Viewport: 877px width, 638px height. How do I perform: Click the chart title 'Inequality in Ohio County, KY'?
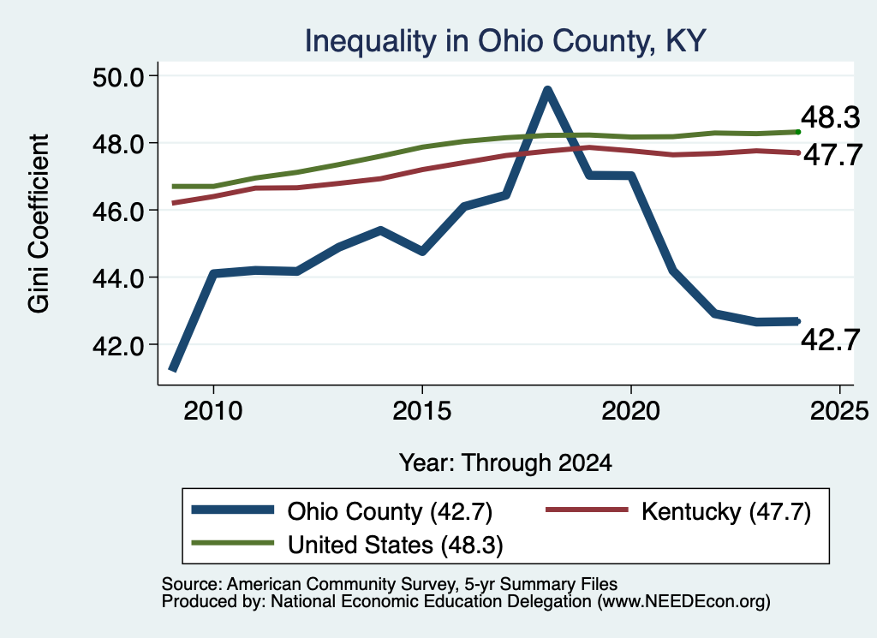[505, 41]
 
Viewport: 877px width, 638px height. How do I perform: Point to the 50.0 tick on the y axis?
[117, 76]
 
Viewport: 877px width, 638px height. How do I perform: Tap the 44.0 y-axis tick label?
[117, 278]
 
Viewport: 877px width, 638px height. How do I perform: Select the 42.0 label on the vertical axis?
[117, 345]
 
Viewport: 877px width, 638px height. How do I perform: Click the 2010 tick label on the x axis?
[213, 411]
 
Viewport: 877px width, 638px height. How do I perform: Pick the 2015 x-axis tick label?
[421, 411]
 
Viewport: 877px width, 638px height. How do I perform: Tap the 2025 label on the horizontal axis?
[839, 411]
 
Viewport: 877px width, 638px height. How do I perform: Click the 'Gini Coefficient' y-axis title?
[39, 224]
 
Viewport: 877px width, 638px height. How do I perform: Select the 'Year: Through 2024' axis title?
[505, 463]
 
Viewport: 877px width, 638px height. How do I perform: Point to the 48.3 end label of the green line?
[830, 117]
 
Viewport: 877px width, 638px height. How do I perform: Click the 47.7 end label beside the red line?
[832, 155]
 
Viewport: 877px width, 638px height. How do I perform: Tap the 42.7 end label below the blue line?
[830, 339]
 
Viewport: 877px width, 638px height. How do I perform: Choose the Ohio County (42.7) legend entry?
[342, 511]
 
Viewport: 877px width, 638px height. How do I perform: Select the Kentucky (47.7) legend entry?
[678, 511]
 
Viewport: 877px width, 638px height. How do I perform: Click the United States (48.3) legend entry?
[348, 545]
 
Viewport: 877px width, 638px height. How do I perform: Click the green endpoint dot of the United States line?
[798, 132]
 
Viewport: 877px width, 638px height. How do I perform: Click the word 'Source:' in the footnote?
[192, 584]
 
